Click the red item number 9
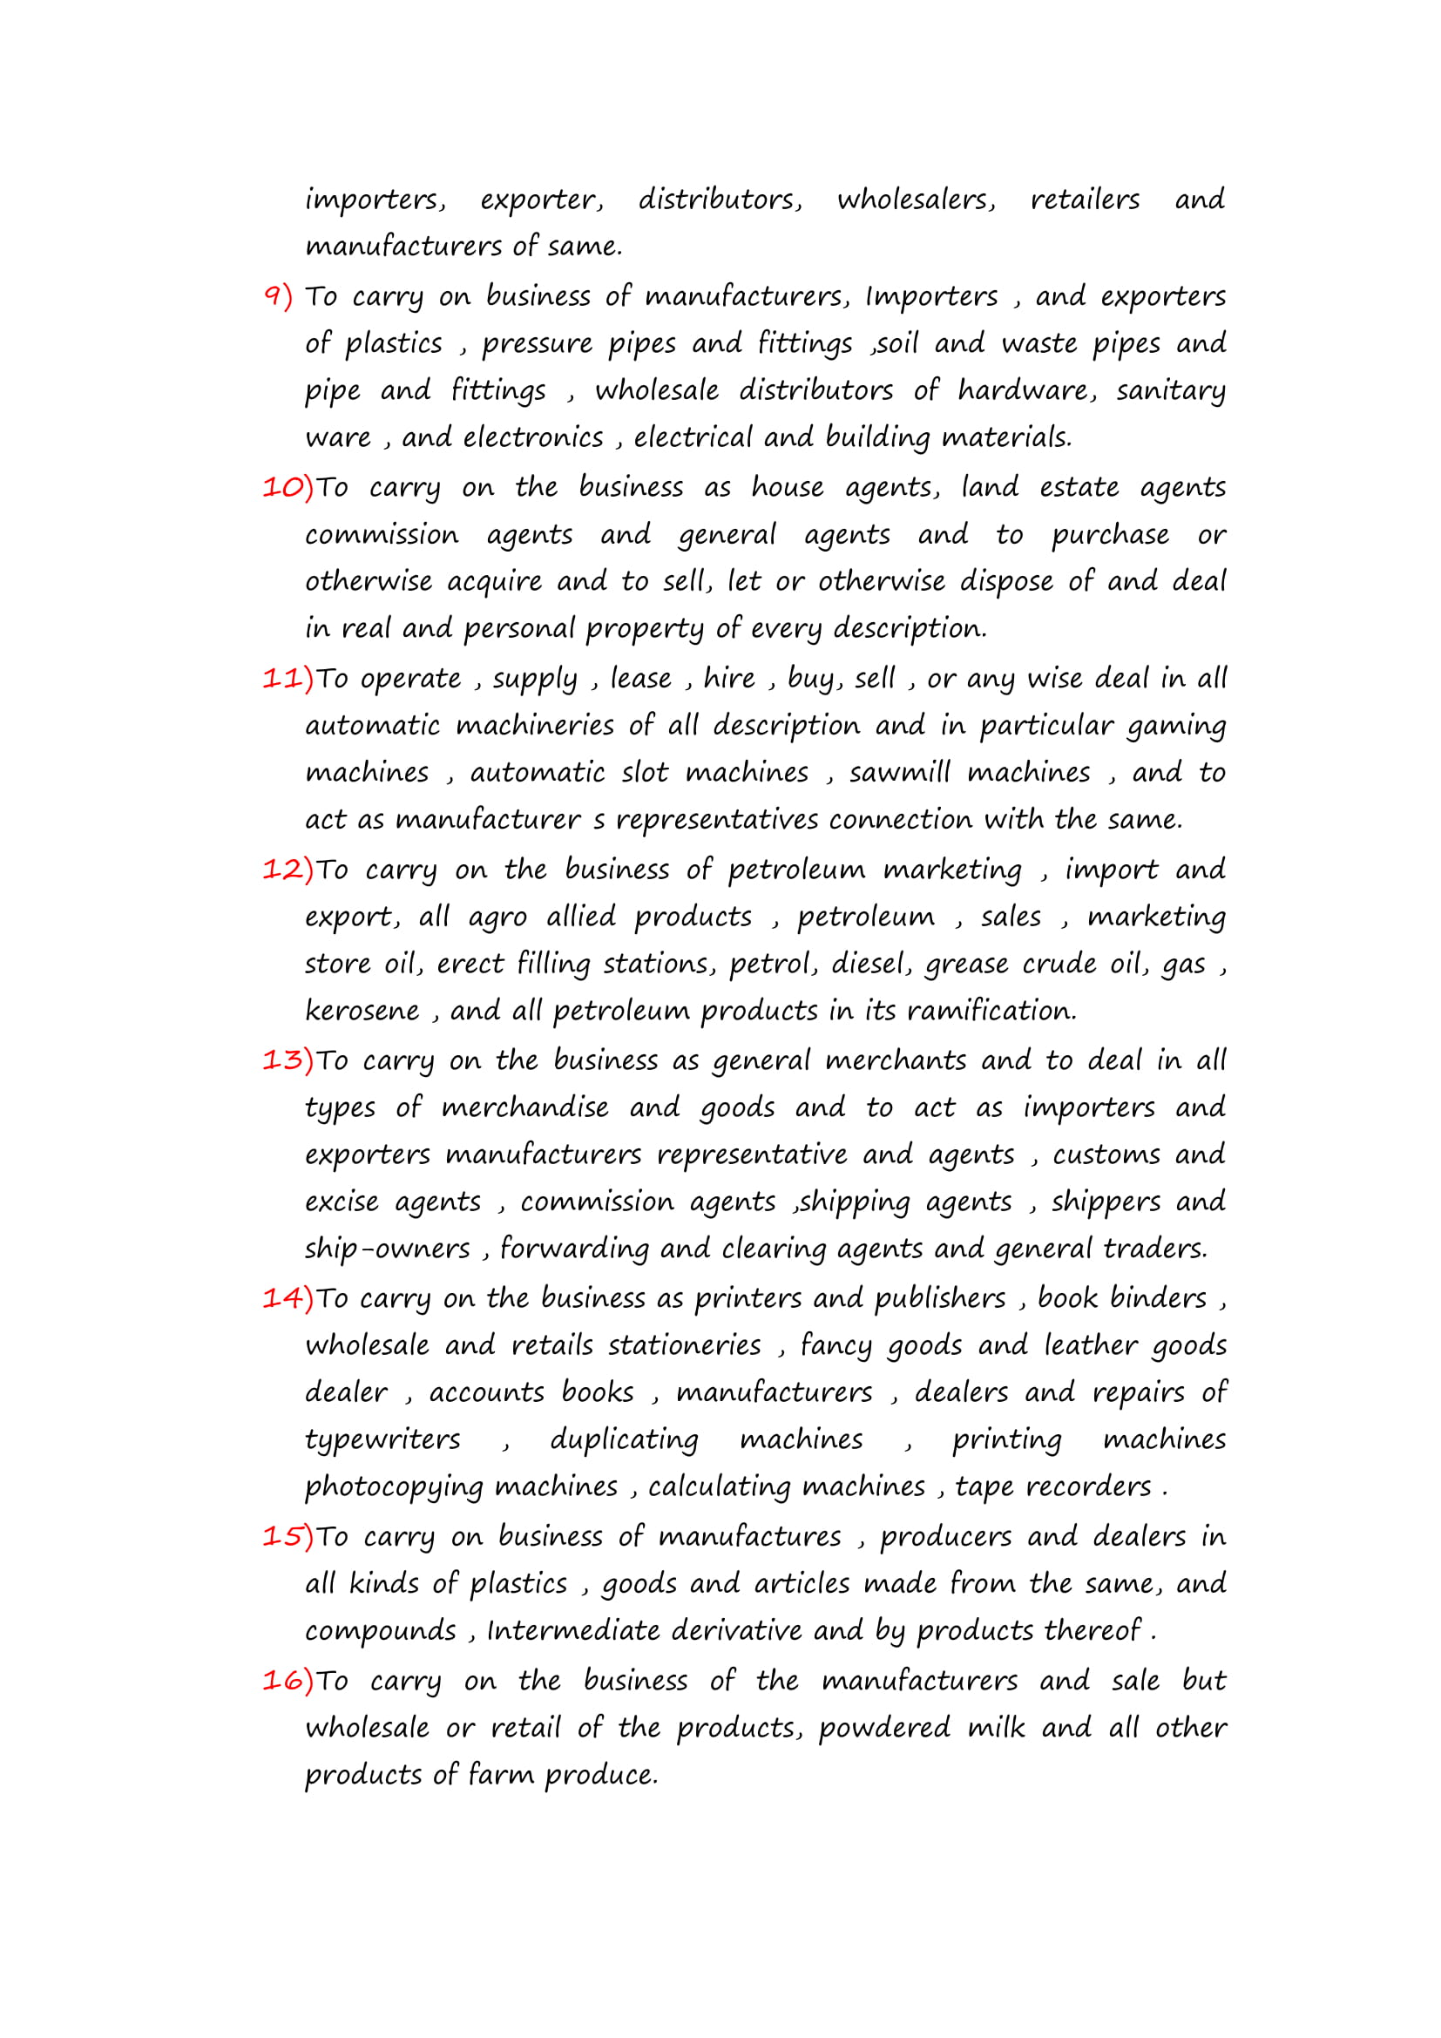click(x=278, y=296)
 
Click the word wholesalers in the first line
click(x=916, y=200)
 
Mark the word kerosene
click(x=362, y=1011)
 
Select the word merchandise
click(x=524, y=1107)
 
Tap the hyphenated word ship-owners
click(x=387, y=1249)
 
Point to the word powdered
click(x=883, y=1728)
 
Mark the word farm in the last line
click(x=497, y=1775)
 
